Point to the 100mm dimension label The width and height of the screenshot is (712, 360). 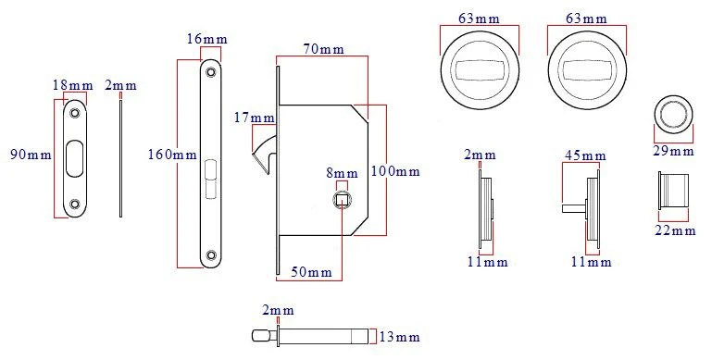[394, 171]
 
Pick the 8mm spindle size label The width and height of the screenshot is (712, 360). [341, 173]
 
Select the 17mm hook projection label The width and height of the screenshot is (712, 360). [255, 118]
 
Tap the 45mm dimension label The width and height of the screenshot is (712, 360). [581, 155]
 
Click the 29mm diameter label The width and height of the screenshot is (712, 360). [673, 151]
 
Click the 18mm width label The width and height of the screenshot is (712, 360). [72, 86]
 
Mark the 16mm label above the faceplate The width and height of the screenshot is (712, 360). [202, 39]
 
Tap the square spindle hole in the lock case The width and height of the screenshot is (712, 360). [343, 198]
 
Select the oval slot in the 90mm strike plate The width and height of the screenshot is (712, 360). [72, 155]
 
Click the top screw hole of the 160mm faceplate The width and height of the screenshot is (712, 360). [211, 70]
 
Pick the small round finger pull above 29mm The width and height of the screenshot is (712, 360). [672, 114]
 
